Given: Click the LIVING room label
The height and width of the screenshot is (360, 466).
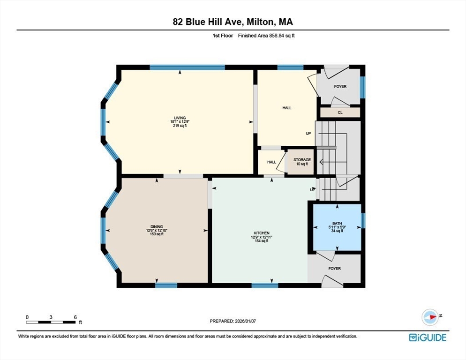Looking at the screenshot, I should click(x=180, y=118).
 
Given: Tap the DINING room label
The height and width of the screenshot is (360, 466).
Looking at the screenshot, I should click(x=157, y=226).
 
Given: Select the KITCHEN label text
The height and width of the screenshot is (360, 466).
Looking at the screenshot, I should click(x=262, y=233).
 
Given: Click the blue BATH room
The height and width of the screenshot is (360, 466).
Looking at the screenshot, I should click(x=337, y=227).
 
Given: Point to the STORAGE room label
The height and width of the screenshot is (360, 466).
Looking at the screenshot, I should click(x=302, y=160).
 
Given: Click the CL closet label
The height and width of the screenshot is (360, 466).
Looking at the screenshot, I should click(x=340, y=112).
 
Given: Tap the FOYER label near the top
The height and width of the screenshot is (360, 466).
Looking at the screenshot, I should click(x=340, y=86).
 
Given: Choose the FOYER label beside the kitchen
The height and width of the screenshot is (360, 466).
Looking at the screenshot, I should click(x=334, y=269).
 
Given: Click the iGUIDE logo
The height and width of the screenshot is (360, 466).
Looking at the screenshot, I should click(x=427, y=337).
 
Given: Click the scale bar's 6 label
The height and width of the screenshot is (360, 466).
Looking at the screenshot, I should click(x=75, y=317).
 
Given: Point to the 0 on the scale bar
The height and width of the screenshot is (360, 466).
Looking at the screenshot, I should click(x=27, y=317).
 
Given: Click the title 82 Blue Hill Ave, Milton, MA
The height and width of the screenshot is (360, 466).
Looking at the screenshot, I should click(x=233, y=22).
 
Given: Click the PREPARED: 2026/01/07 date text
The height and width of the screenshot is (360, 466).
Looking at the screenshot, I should click(x=233, y=321).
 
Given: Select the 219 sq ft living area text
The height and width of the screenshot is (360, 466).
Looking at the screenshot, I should click(x=180, y=126).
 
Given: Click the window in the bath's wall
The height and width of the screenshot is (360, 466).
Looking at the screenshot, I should click(x=363, y=220).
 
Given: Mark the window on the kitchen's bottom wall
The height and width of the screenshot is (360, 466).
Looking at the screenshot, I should click(x=265, y=285).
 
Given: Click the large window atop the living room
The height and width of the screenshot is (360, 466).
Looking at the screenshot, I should click(x=187, y=67).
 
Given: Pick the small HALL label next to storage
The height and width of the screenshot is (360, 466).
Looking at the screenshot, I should click(x=271, y=162).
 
